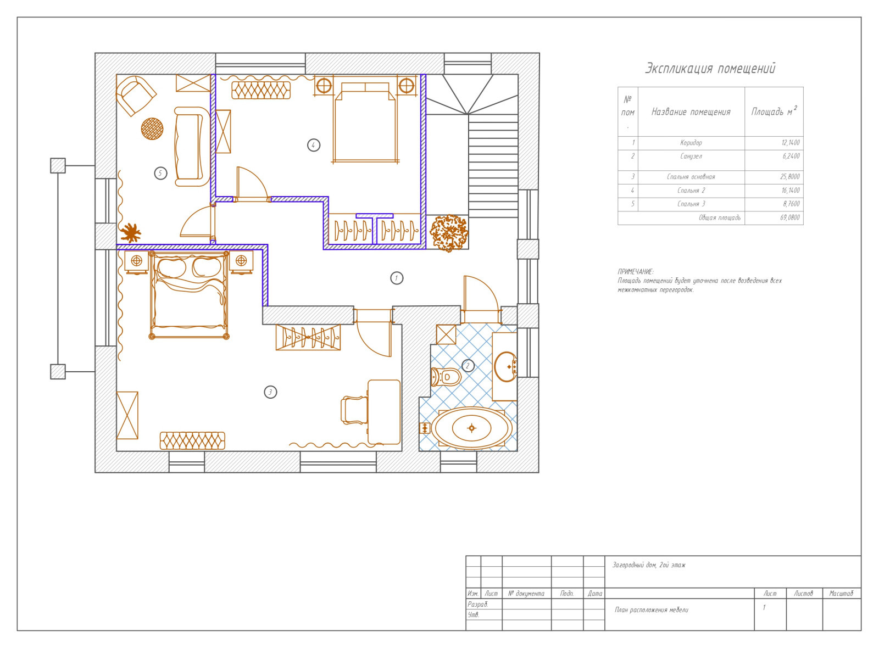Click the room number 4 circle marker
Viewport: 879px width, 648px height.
click(x=314, y=145)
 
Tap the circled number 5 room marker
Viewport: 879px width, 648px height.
click(x=160, y=173)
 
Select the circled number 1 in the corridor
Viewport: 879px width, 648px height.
click(x=397, y=278)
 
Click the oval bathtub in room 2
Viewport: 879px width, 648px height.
click(x=471, y=428)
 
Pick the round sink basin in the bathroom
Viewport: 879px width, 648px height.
click(x=506, y=367)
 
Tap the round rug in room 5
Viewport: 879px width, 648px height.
click(x=152, y=129)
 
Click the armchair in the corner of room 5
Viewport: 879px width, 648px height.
click(x=136, y=96)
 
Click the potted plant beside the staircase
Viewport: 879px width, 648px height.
click(x=449, y=233)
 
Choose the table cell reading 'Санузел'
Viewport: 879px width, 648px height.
click(x=691, y=156)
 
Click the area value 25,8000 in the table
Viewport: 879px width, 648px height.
click(x=790, y=176)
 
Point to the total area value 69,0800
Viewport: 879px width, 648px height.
click(x=790, y=217)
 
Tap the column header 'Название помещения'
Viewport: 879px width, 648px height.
click(x=691, y=112)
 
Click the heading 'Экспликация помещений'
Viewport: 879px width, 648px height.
click(x=710, y=68)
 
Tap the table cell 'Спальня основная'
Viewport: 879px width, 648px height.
click(x=691, y=176)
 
